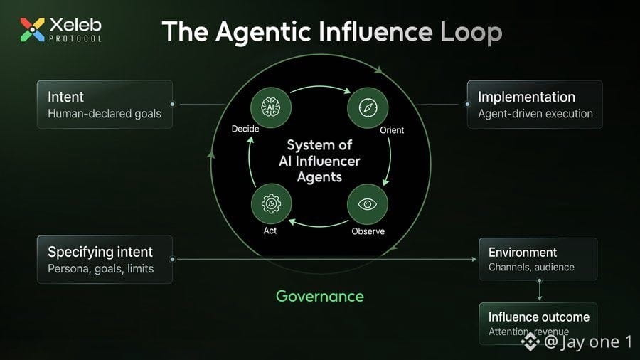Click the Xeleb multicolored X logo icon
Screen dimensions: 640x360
point(32,30)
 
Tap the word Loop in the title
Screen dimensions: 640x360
point(471,33)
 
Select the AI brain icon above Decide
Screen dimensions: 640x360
point(271,107)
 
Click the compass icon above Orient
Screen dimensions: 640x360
point(368,107)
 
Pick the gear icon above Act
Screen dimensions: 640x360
point(271,203)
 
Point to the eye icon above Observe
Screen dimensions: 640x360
point(368,204)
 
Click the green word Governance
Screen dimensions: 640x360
point(319,297)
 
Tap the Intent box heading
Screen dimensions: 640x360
point(65,97)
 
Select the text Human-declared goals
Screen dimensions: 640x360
point(105,113)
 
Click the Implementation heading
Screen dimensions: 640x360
point(526,97)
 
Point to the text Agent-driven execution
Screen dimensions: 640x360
point(535,113)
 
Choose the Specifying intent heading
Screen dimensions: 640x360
point(100,253)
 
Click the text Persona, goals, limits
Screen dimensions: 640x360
point(101,268)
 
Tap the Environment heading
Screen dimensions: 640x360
point(523,253)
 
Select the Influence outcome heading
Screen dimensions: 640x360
point(539,317)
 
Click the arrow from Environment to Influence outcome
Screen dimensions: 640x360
point(540,290)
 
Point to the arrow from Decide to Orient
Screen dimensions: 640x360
point(321,88)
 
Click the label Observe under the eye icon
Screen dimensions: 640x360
point(368,231)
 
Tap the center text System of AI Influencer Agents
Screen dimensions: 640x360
point(319,161)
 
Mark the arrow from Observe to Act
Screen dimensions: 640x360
point(319,225)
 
